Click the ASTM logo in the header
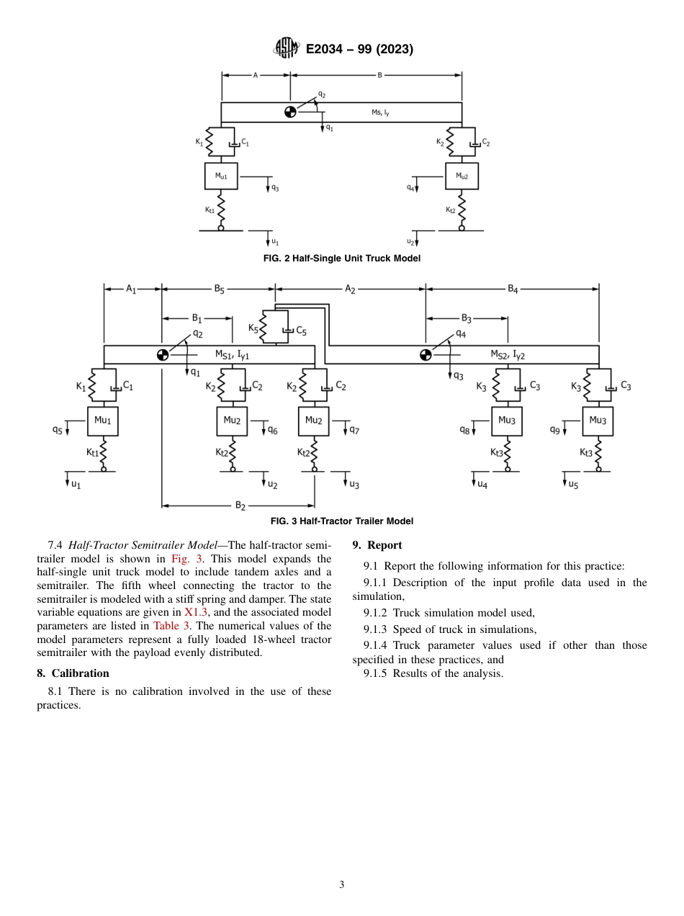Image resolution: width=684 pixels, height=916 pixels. click(x=287, y=49)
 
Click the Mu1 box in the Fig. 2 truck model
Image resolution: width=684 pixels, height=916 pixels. click(x=220, y=176)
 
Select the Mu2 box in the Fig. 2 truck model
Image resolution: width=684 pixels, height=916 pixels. click(x=462, y=176)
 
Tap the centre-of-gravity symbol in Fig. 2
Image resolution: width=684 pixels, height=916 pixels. click(x=289, y=112)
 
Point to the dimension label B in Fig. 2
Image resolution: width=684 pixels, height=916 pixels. click(x=379, y=75)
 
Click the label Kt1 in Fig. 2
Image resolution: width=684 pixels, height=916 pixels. click(x=209, y=210)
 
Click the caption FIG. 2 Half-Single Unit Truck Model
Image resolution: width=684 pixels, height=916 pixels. click(x=341, y=258)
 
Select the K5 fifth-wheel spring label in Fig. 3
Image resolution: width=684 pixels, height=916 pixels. click(x=253, y=328)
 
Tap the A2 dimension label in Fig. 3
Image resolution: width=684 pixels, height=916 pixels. click(x=350, y=289)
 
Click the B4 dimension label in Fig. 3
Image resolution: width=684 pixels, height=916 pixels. click(x=513, y=289)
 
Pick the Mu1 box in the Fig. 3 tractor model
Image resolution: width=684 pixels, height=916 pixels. click(x=102, y=421)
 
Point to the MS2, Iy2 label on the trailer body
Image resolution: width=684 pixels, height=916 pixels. click(x=508, y=354)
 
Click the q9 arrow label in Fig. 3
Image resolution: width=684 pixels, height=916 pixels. click(x=555, y=430)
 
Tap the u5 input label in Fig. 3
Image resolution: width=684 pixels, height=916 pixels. click(x=573, y=485)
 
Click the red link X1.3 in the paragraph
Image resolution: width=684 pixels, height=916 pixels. click(x=197, y=612)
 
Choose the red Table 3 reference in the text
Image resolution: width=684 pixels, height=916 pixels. click(x=171, y=626)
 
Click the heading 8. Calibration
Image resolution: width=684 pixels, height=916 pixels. click(x=73, y=673)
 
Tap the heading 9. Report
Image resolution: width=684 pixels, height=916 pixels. click(x=377, y=545)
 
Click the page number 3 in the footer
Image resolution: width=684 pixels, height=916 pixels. click(x=342, y=884)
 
